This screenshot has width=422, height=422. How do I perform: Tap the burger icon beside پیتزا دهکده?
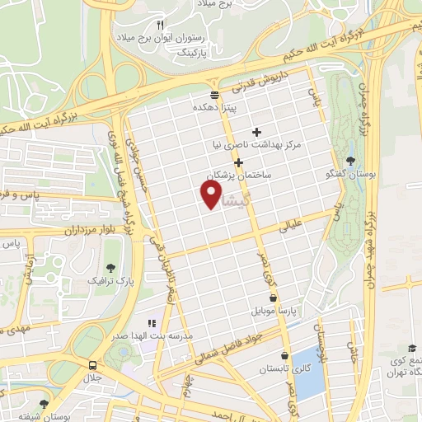[x=215, y=94]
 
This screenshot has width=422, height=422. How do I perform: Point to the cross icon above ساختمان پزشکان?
[x=238, y=162]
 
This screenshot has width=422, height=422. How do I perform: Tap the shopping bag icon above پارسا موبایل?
[x=273, y=298]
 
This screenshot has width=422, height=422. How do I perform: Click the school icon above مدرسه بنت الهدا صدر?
[x=151, y=324]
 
